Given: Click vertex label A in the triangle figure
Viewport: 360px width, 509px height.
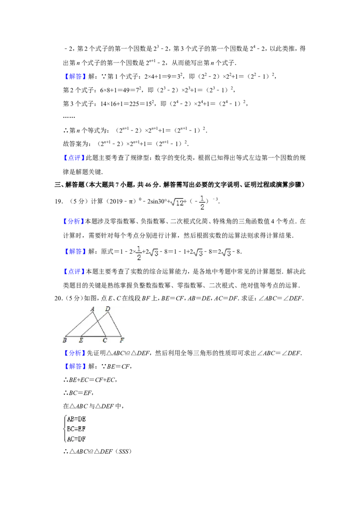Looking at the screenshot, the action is (x=92, y=309).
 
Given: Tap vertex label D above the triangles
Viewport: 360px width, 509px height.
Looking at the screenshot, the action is (x=108, y=309).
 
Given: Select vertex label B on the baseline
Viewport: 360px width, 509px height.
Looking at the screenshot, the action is (x=64, y=341).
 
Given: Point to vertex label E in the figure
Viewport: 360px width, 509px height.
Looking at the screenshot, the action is (x=81, y=341).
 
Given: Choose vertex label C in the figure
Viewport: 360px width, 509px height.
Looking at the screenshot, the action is (x=105, y=341).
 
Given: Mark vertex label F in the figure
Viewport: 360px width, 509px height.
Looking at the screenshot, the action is (x=121, y=341).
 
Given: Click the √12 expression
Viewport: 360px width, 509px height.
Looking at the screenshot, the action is (x=176, y=203).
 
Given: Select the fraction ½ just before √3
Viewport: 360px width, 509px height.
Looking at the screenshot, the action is (x=139, y=253).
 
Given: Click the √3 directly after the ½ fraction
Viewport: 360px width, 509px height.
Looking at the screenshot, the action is (x=153, y=253).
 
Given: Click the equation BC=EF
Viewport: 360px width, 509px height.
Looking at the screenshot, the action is (x=76, y=428).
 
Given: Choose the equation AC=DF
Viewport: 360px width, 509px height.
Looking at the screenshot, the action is (x=76, y=438).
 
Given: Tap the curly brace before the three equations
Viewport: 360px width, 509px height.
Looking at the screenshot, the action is (x=63, y=428).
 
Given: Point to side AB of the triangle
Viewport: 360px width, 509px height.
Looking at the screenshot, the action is (x=79, y=324).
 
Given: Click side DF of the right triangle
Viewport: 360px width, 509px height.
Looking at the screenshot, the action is (x=115, y=324).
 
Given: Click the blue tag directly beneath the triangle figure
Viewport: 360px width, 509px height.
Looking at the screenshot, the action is (x=75, y=353).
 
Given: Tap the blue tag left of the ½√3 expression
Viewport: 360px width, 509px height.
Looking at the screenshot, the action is (x=75, y=252).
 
